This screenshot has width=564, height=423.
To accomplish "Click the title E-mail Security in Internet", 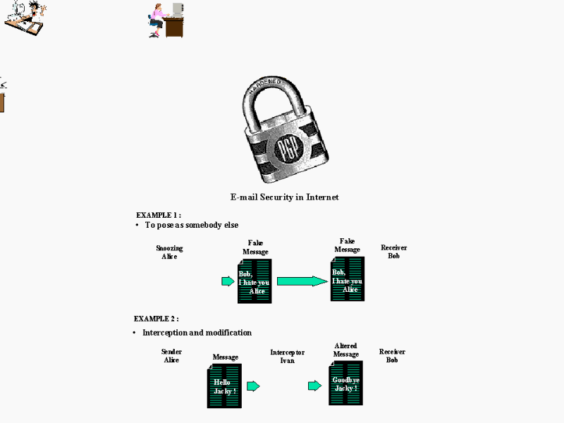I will pyautogui.click(x=285, y=197).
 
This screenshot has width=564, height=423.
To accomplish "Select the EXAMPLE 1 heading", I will pyautogui.click(x=159, y=215).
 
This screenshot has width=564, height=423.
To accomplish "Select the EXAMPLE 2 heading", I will pyautogui.click(x=157, y=319).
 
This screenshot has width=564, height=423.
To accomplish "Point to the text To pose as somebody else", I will pyautogui.click(x=192, y=225).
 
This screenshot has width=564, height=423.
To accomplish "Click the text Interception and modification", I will pyautogui.click(x=197, y=333).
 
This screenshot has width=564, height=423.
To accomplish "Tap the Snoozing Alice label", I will pyautogui.click(x=169, y=252).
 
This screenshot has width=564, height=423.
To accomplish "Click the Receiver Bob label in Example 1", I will pyautogui.click(x=393, y=252).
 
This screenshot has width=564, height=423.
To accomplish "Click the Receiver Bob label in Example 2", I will pyautogui.click(x=392, y=355).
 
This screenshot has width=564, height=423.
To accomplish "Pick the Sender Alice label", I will pyautogui.click(x=171, y=355).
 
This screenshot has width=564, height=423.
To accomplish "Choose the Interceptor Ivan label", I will pyautogui.click(x=287, y=356).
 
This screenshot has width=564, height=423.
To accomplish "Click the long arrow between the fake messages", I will pyautogui.click(x=302, y=281).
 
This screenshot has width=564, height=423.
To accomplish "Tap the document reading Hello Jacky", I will pyautogui.click(x=224, y=386).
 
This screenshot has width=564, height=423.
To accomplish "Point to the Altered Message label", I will pyautogui.click(x=345, y=350).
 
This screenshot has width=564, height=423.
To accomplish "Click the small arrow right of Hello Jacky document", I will pyautogui.click(x=253, y=386).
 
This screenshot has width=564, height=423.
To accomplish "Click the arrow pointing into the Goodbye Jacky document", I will pyautogui.click(x=314, y=386).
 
